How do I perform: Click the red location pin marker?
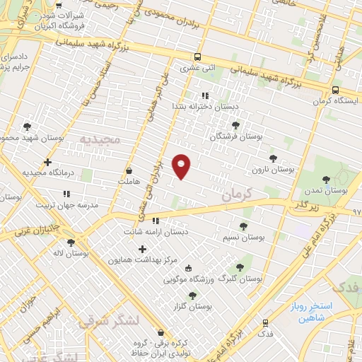[182, 167]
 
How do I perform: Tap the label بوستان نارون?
[272, 170]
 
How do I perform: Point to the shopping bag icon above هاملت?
[129, 170]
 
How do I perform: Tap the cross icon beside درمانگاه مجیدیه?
[47, 163]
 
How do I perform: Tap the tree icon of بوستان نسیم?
[243, 226]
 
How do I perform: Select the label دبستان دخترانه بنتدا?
[204, 106]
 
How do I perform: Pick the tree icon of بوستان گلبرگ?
[240, 267]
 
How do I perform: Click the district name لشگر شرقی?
[100, 322]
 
